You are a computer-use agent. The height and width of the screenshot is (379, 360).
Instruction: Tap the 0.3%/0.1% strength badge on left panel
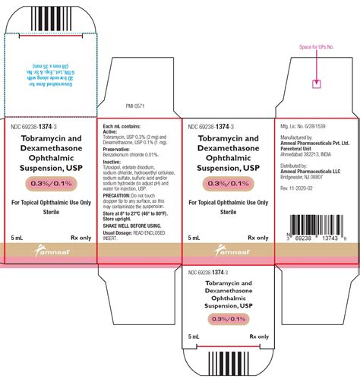point(50,184)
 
